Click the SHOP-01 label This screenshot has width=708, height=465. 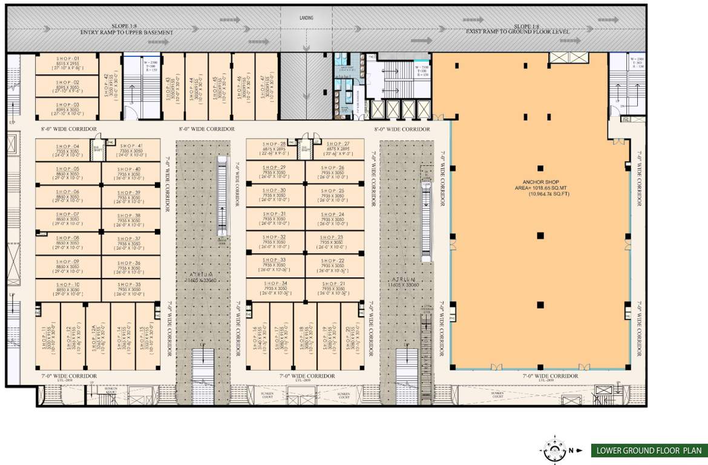[x=68, y=58]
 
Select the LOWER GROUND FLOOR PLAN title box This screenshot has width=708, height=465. [x=649, y=450]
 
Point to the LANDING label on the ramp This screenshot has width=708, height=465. [x=306, y=18]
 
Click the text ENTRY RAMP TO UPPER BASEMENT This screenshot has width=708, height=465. [x=127, y=31]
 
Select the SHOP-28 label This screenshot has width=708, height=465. [x=276, y=144]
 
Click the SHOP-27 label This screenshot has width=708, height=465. [x=335, y=144]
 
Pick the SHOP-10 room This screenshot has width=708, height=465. [x=68, y=290]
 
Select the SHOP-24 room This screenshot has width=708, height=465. [x=335, y=218]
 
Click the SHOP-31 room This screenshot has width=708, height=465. [x=275, y=218]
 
